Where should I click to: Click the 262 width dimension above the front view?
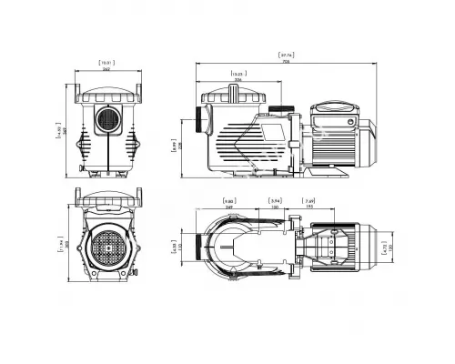pos(108,70)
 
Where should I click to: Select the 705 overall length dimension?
pos(287,62)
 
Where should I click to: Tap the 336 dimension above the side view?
pos(238,79)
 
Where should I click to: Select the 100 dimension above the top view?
pos(274,207)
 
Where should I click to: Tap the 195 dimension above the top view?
pos(309,207)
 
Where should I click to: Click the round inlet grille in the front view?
pos(108,122)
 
